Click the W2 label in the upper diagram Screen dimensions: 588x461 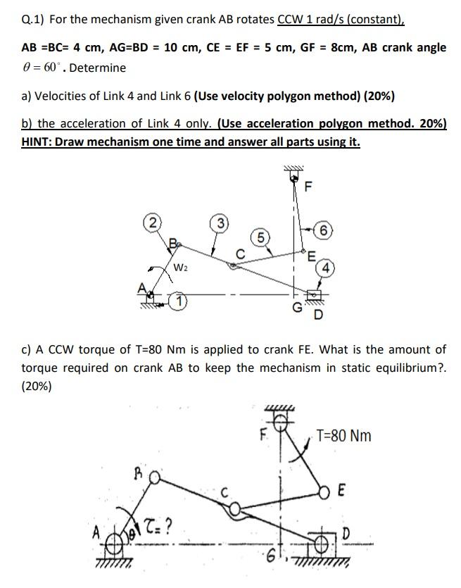(x=181, y=267)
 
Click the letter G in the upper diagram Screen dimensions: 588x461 (x=297, y=308)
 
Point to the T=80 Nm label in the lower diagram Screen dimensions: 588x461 (x=343, y=435)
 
